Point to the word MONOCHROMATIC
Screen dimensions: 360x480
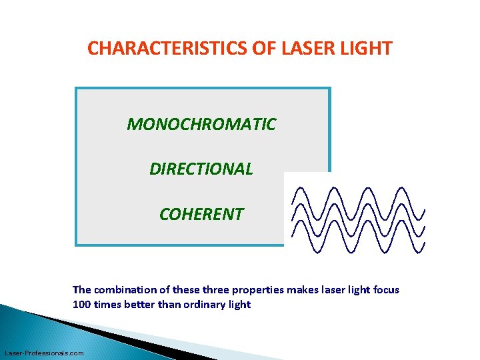[x=201, y=125]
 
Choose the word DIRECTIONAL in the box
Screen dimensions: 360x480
[x=201, y=169]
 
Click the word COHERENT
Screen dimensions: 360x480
[x=201, y=215]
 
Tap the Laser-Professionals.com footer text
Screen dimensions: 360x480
[x=44, y=353]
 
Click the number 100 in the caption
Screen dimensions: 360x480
[x=81, y=305]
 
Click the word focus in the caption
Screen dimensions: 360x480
[x=385, y=290]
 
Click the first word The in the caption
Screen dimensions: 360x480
[x=81, y=290]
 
